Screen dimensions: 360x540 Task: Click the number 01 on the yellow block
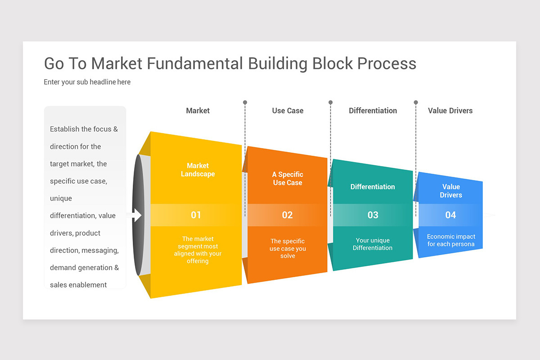(196, 215)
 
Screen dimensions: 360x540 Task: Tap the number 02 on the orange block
(287, 215)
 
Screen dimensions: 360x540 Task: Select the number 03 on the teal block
(373, 215)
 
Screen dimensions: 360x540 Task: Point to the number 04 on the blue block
(450, 215)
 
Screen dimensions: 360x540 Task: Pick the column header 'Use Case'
(288, 111)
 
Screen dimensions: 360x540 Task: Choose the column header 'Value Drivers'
(450, 111)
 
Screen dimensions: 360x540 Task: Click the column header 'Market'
(198, 111)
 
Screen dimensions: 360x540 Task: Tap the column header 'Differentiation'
(373, 111)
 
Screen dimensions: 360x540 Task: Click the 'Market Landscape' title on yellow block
(198, 170)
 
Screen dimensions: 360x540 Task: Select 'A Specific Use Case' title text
(288, 179)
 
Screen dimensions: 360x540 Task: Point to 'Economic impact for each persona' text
(451, 240)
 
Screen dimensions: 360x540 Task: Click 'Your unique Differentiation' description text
(373, 244)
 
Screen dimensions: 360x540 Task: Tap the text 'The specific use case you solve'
(288, 248)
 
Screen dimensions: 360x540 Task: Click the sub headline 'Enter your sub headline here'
(87, 82)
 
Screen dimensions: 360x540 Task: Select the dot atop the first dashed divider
(245, 103)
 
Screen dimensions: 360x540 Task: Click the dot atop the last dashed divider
(416, 103)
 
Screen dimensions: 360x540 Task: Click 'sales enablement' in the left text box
(78, 285)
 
